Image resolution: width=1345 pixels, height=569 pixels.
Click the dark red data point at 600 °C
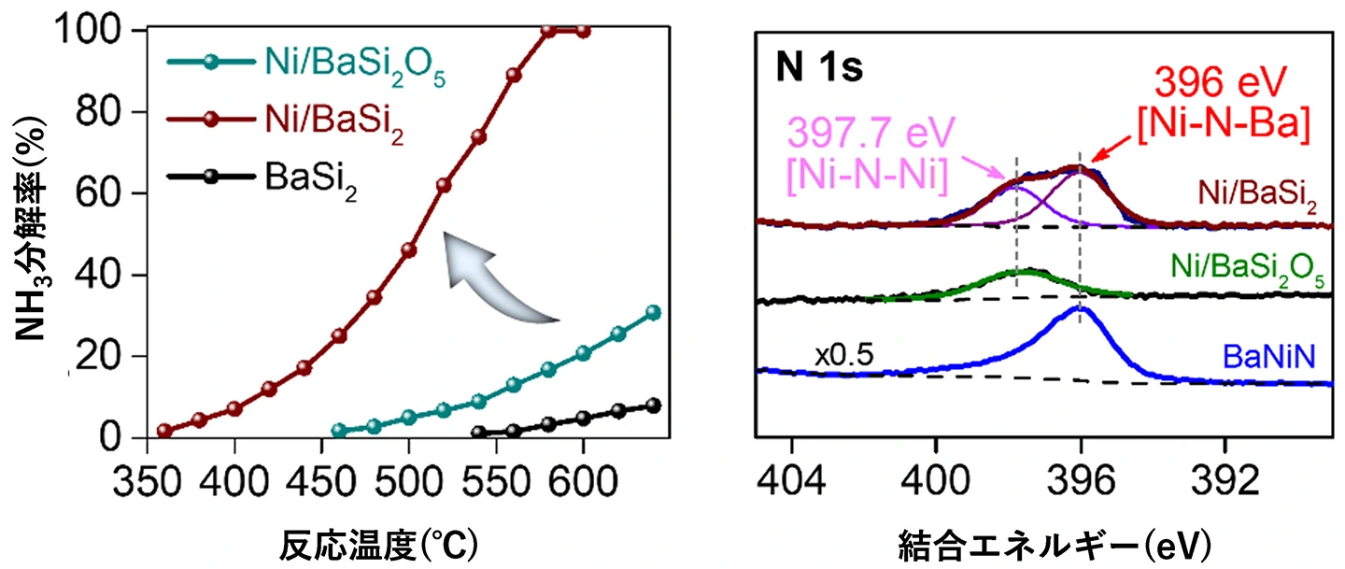coord(584,31)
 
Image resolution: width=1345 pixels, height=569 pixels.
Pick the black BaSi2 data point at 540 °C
coord(478,434)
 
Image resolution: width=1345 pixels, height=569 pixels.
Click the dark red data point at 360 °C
coord(164,431)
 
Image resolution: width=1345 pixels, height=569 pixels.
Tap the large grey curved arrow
coord(495,276)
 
